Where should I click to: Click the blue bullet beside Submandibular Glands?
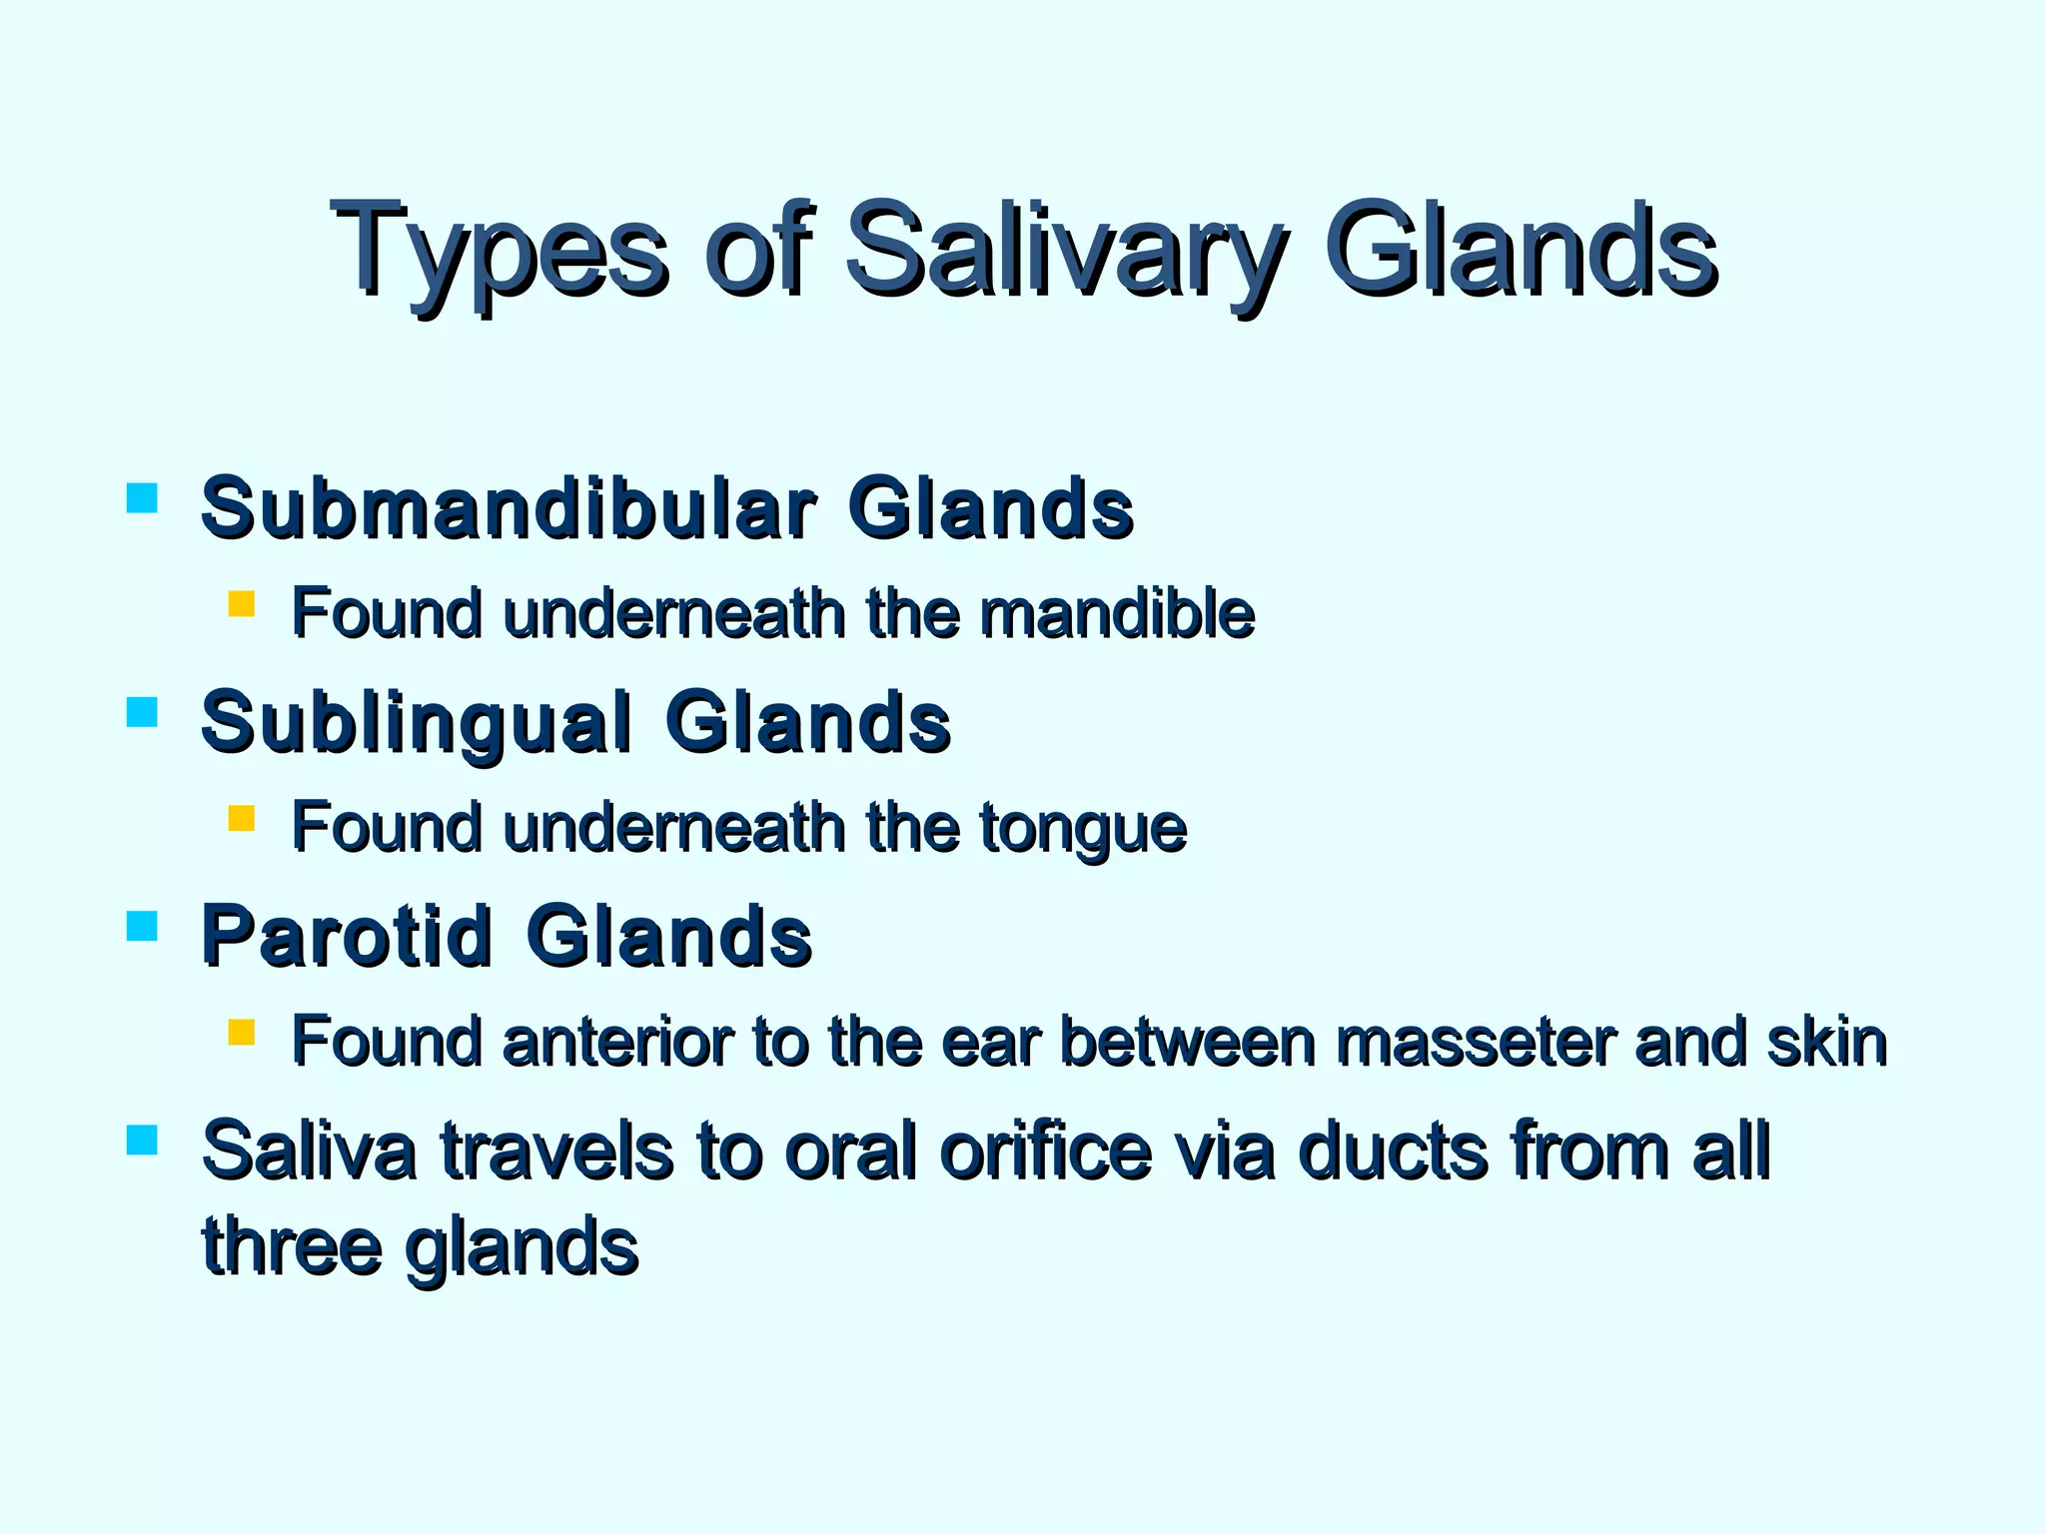[x=143, y=498]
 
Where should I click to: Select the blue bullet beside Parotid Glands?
[x=143, y=927]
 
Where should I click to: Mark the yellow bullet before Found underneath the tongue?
[x=242, y=819]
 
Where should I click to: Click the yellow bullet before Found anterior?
[x=242, y=1032]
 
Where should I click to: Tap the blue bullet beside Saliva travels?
[x=143, y=1140]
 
